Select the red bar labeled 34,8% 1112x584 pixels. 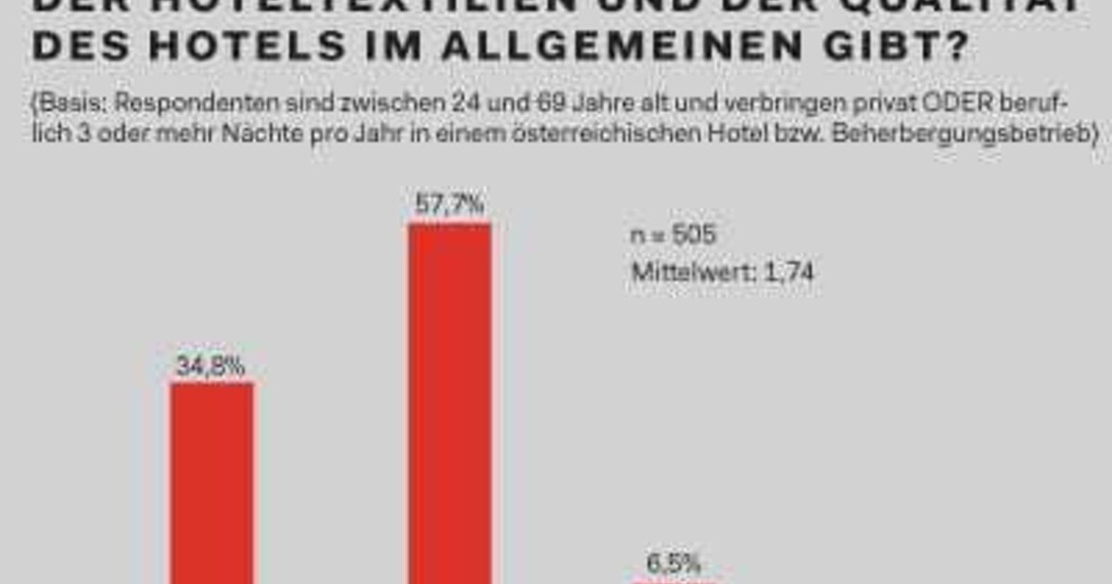point(212,482)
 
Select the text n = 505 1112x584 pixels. point(674,235)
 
